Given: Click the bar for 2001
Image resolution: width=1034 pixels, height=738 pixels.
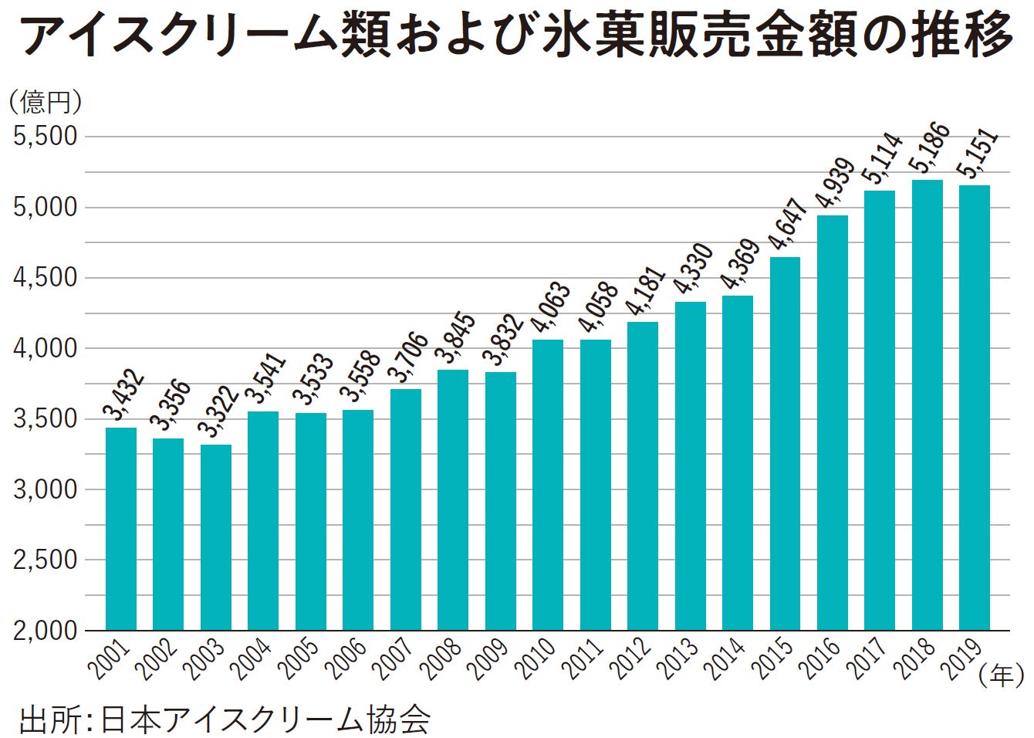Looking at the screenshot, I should pos(121,529).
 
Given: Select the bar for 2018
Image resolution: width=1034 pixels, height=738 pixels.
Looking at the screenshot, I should pos(927,405).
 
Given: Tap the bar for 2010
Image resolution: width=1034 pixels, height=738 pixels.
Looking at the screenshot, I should pos(548,485).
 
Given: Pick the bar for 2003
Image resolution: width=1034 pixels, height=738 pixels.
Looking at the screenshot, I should pos(216,537).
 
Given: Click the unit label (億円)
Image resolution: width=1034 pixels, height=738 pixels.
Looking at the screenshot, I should pos(45,101).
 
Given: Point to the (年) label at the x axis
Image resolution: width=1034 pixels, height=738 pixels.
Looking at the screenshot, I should pos(1002,676).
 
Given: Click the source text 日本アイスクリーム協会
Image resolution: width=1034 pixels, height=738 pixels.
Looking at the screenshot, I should pos(265,719).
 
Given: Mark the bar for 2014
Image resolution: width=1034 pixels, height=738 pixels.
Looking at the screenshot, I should pos(738,462).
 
